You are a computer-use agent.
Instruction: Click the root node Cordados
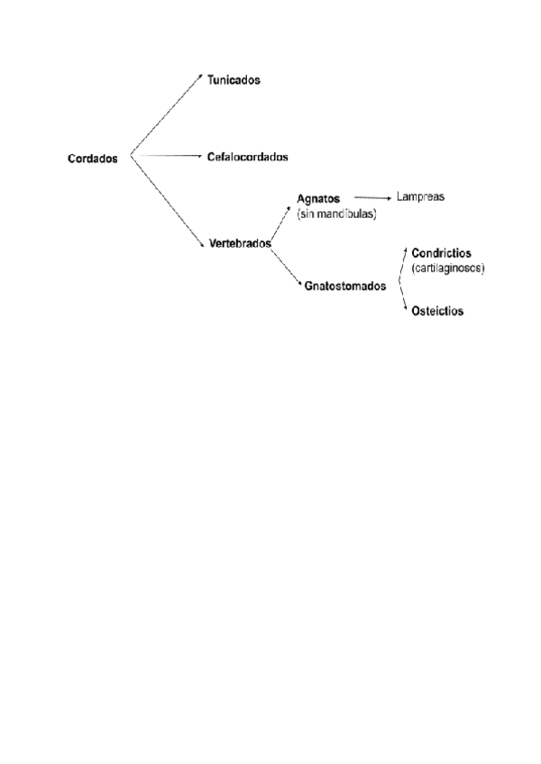(92, 159)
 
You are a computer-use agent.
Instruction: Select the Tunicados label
(234, 80)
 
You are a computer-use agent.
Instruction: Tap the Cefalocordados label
(246, 157)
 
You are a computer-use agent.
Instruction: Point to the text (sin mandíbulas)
(335, 214)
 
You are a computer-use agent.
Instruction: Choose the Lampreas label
(421, 196)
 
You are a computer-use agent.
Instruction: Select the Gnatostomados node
(345, 286)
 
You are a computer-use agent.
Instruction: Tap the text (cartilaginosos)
(448, 268)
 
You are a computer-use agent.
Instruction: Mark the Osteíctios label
(437, 311)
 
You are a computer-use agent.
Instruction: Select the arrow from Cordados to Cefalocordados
(167, 157)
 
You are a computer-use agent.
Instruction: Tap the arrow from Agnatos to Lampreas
(371, 196)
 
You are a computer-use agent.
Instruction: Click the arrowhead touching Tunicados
(202, 76)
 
